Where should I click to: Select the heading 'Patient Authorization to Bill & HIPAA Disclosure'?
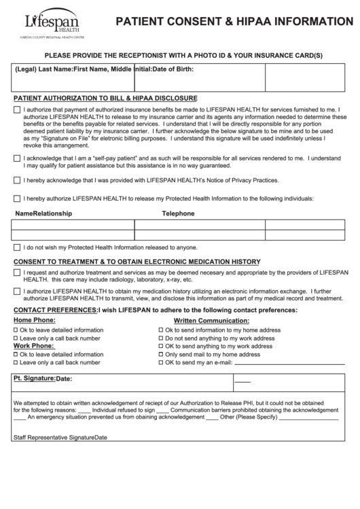point(105,98)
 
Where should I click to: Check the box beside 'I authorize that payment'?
point(17,109)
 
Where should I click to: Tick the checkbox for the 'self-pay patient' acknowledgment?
point(17,158)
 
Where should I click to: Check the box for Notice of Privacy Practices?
point(17,181)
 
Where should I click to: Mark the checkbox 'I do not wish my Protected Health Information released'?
point(17,247)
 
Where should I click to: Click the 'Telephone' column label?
point(178,213)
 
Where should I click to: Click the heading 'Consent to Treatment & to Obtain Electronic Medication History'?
point(137,262)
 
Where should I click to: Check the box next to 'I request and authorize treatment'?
point(17,273)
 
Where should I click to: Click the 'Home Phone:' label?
point(35,320)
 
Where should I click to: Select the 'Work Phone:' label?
point(34,346)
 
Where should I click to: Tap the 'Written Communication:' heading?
point(211,320)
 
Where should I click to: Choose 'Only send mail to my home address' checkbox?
point(161,355)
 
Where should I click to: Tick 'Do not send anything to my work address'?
point(161,338)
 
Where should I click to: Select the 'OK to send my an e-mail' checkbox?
point(161,363)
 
